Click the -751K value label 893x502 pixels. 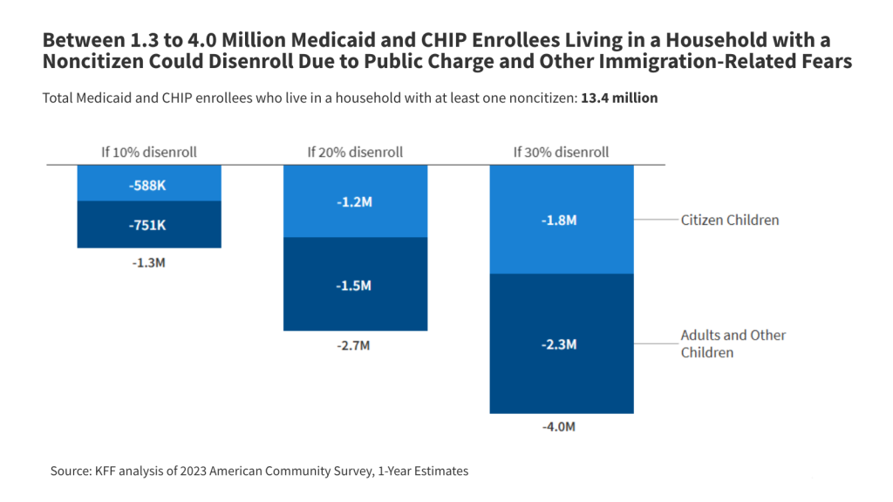149,225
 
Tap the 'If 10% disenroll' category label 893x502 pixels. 149,152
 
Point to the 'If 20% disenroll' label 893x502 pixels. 355,152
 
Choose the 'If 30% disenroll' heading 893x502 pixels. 561,152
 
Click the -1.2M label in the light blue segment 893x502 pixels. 355,201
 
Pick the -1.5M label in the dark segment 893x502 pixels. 355,285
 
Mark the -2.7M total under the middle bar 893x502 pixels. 355,345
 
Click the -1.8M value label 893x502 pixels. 561,220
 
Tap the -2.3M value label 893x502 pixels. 561,344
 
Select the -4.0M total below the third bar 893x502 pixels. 561,427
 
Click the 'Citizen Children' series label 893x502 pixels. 729,220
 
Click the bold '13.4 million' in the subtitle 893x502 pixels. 619,98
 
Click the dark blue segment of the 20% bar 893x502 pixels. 355,305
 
